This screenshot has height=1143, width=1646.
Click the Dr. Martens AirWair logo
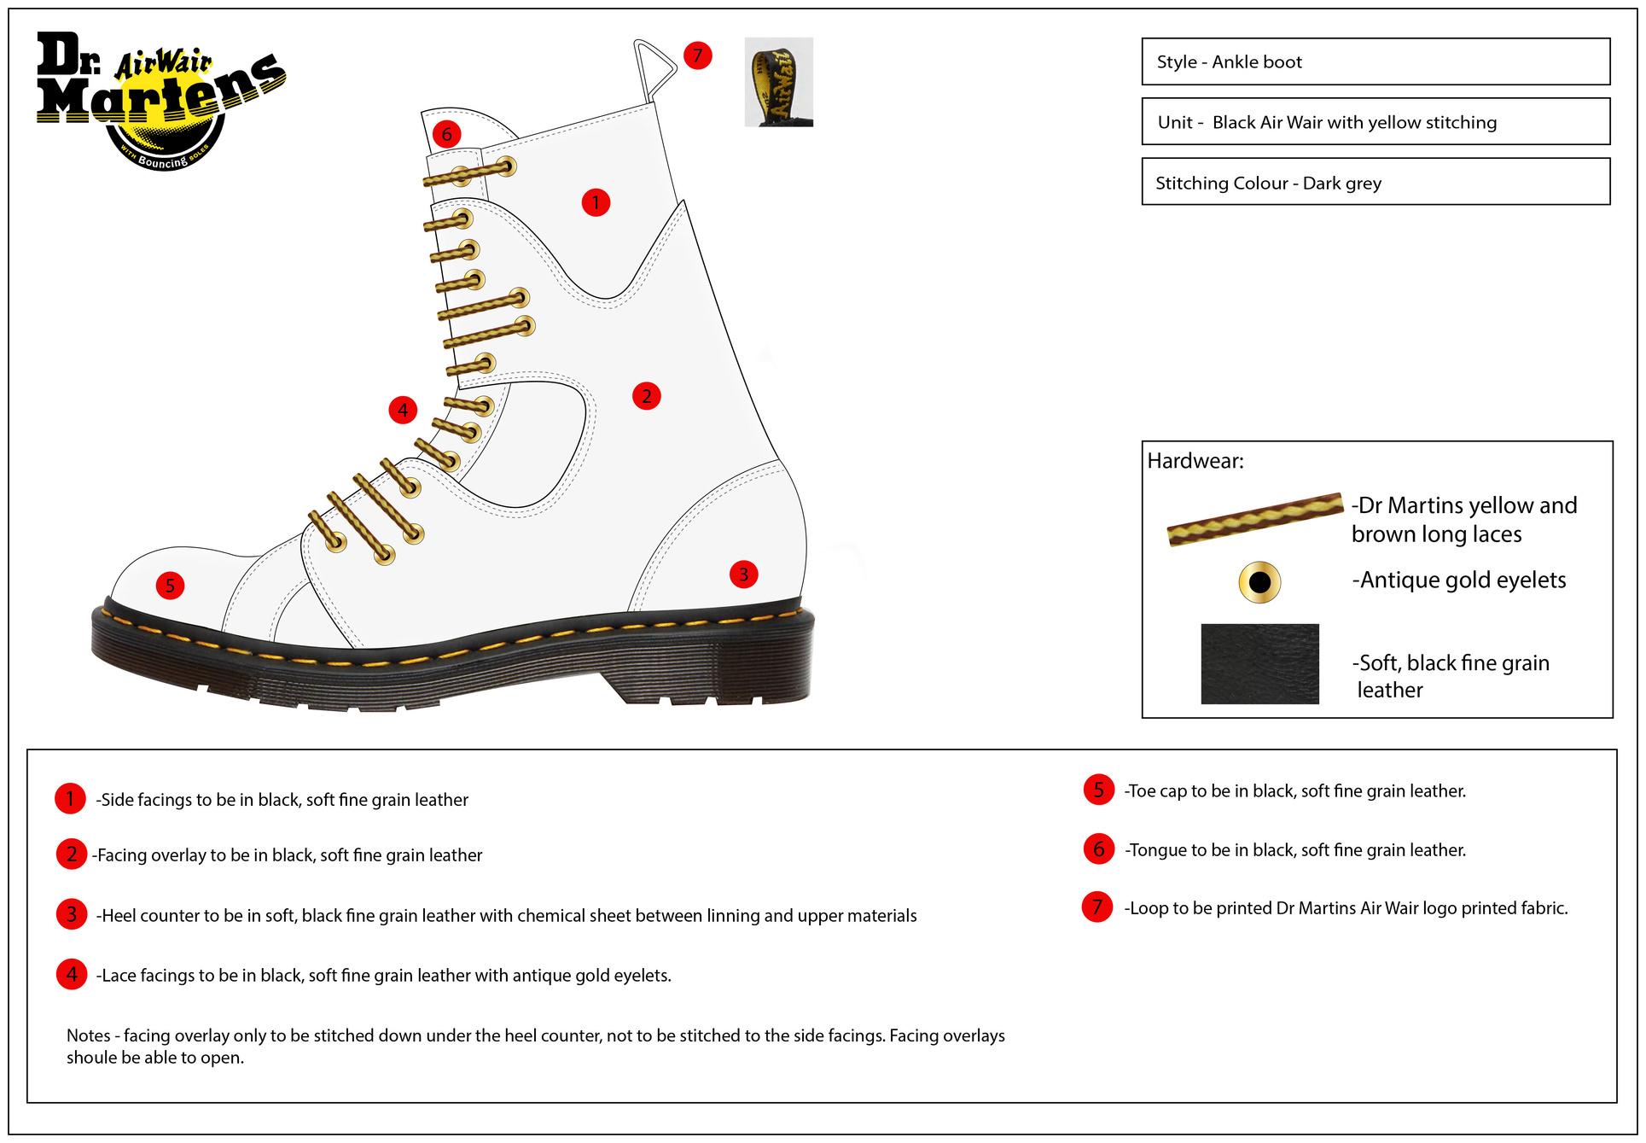[x=160, y=98]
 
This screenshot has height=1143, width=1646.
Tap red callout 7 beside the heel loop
[x=697, y=56]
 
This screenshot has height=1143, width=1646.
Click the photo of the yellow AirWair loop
[x=778, y=82]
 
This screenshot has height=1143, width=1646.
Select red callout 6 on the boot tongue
[x=446, y=134]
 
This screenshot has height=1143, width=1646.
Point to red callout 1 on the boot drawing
[x=596, y=202]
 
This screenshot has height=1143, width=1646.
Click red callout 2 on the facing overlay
[x=646, y=395]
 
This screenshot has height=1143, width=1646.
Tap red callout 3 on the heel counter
[x=743, y=574]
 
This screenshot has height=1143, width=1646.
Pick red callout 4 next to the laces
[x=403, y=410]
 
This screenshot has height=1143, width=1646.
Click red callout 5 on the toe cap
[x=170, y=586]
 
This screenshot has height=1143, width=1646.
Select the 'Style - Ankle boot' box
[x=1375, y=61]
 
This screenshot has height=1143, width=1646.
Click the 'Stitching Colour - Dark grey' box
[x=1375, y=183]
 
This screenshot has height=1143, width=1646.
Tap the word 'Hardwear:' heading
[x=1195, y=461]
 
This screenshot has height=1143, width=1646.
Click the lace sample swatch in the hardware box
[x=1254, y=519]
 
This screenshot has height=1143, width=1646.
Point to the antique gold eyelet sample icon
[x=1259, y=583]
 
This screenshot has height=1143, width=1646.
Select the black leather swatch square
[x=1259, y=664]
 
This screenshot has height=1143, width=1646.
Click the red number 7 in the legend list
[x=1097, y=907]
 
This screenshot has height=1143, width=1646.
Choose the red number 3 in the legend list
[x=72, y=914]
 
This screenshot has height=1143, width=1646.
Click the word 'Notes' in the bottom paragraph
[x=89, y=1035]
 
